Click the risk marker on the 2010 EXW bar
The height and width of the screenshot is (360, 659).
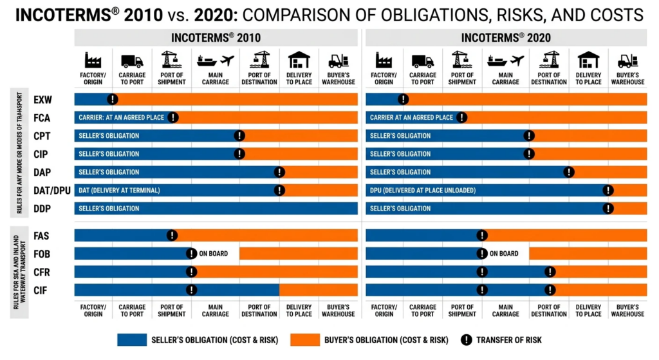pyautogui.click(x=112, y=99)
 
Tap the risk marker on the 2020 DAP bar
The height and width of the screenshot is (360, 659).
pyautogui.click(x=569, y=172)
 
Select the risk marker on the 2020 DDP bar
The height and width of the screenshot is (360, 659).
pyautogui.click(x=608, y=208)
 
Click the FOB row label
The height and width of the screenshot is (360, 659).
pyautogui.click(x=42, y=254)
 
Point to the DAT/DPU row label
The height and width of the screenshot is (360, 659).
pyautogui.click(x=51, y=191)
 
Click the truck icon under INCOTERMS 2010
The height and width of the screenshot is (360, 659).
pyautogui.click(x=132, y=61)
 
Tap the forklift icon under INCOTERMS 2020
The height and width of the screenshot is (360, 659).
pyautogui.click(x=627, y=61)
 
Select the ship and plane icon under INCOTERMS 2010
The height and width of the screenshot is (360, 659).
pyautogui.click(x=215, y=61)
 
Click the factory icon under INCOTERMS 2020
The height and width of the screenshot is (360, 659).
pyautogui.click(x=384, y=61)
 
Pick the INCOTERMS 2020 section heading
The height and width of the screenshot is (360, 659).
pyautogui.click(x=506, y=38)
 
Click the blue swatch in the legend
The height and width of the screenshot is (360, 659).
pyautogui.click(x=132, y=340)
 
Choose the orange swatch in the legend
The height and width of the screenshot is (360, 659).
pyautogui.click(x=304, y=340)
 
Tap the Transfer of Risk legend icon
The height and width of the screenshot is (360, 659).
pyautogui.click(x=466, y=340)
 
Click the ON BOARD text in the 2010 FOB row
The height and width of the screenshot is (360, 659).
pyautogui.click(x=214, y=254)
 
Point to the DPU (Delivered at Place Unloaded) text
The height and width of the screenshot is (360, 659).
pyautogui.click(x=423, y=190)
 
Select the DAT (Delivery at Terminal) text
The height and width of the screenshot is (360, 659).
pyautogui.click(x=119, y=190)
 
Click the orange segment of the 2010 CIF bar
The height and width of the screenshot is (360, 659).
pyautogui.click(x=318, y=290)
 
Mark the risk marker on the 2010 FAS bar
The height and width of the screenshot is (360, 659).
pyautogui.click(x=172, y=235)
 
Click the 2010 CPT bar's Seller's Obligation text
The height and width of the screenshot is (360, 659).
pyautogui.click(x=109, y=136)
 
